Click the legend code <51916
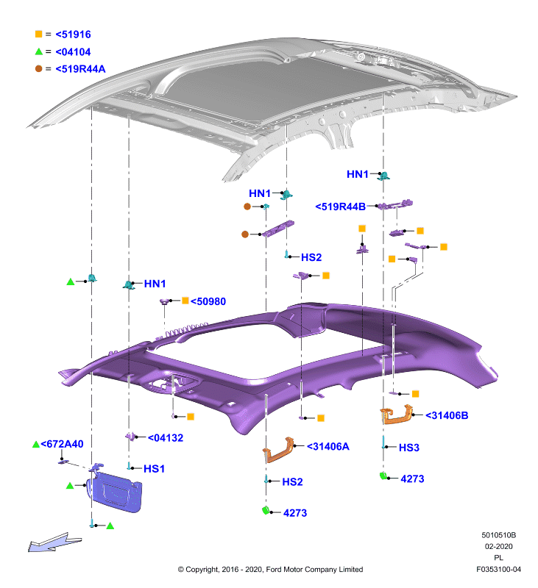(x=73, y=35)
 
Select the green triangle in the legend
(x=39, y=51)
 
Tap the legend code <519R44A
(x=80, y=69)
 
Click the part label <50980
(x=208, y=301)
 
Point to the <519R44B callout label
(x=340, y=207)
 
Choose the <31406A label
(x=328, y=446)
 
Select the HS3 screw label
(x=409, y=448)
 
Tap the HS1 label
(x=154, y=469)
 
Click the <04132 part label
(x=165, y=437)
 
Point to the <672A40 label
(x=62, y=444)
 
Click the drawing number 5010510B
(x=498, y=535)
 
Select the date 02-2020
(x=498, y=546)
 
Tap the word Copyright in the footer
(x=202, y=570)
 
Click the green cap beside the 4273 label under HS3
(x=383, y=476)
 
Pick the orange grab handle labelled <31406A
(x=277, y=450)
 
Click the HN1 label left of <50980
(x=155, y=284)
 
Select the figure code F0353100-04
(x=498, y=569)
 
